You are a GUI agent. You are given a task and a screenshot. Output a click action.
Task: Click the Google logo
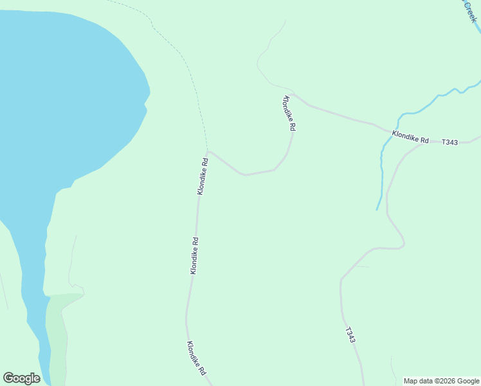click(x=22, y=378)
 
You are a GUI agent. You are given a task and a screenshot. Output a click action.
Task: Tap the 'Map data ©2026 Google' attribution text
click(x=442, y=381)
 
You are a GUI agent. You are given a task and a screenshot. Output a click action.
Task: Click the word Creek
click(x=469, y=11)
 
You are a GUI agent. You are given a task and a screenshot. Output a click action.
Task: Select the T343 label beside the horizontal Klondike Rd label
click(x=449, y=142)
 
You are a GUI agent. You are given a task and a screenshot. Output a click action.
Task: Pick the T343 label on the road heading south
click(x=350, y=335)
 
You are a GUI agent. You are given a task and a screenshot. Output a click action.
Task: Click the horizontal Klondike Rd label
click(x=410, y=137)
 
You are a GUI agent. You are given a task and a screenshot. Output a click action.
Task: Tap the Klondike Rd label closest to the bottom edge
click(x=196, y=358)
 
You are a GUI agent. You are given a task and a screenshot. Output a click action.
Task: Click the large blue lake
click(x=64, y=96)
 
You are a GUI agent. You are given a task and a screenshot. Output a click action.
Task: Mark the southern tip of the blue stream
click(x=377, y=209)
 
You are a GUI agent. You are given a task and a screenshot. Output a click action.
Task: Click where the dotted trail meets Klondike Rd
click(x=208, y=152)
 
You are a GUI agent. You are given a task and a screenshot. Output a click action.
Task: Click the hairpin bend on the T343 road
click(x=402, y=244)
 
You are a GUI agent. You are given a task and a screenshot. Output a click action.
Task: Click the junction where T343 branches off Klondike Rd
click(x=424, y=143)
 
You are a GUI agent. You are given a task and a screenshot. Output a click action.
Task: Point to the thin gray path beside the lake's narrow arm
click(x=71, y=264)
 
